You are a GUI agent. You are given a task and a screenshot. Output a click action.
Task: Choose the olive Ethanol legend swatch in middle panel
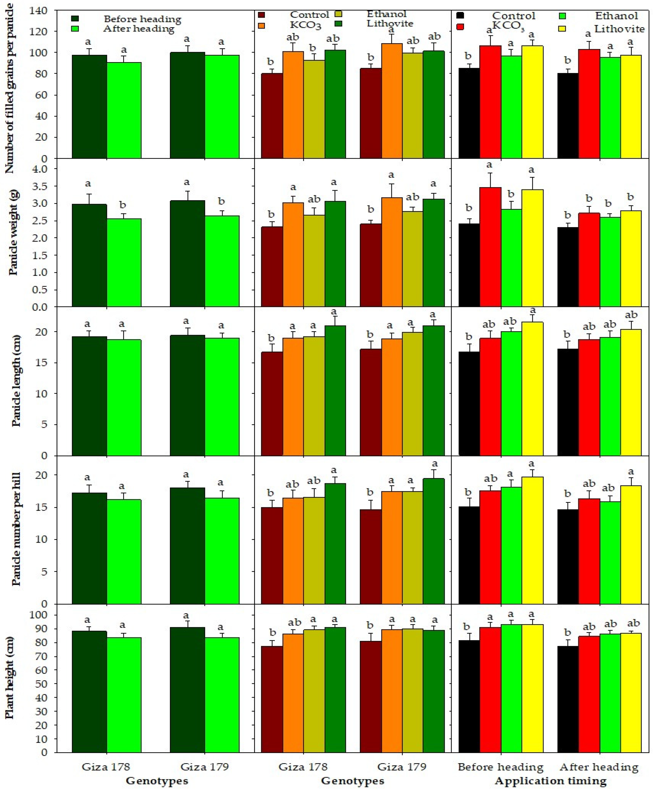(338, 15)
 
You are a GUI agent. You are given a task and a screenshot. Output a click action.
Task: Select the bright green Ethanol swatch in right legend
(562, 16)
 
